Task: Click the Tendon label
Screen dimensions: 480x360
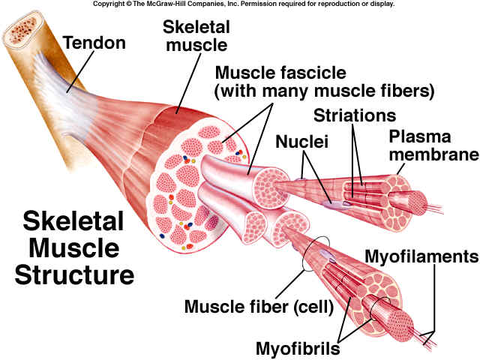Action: pyautogui.click(x=94, y=43)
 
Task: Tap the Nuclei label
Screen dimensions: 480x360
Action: pyautogui.click(x=301, y=142)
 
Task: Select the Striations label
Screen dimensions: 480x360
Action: pyautogui.click(x=355, y=115)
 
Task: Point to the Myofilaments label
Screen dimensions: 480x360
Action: pyautogui.click(x=421, y=256)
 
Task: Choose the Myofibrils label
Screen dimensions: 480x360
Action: pyautogui.click(x=298, y=348)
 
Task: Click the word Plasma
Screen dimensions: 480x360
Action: pyautogui.click(x=420, y=136)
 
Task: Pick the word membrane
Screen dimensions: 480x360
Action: pyautogui.click(x=433, y=154)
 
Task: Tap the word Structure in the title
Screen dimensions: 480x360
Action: pyautogui.click(x=74, y=275)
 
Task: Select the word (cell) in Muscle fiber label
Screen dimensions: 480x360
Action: pyautogui.click(x=313, y=307)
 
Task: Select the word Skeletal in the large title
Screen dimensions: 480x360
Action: pyautogui.click(x=73, y=221)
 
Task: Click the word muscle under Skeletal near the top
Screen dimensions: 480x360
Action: pyautogui.click(x=196, y=45)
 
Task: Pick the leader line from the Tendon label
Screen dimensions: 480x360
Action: pyautogui.click(x=81, y=72)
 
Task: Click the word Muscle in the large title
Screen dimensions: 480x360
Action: pyautogui.click(x=73, y=248)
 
